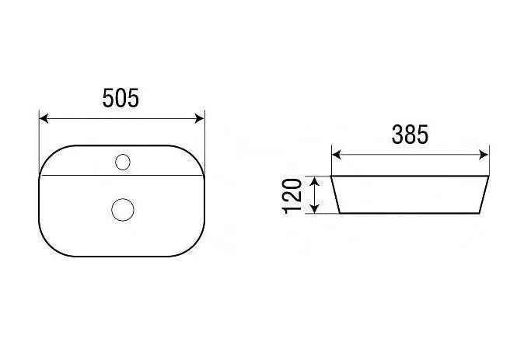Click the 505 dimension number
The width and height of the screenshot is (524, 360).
click(x=121, y=98)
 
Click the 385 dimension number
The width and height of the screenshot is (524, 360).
click(x=410, y=135)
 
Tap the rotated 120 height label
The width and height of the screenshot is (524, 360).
click(x=292, y=196)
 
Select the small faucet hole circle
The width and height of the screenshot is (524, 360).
click(x=123, y=162)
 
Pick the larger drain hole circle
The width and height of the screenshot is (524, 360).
click(x=123, y=210)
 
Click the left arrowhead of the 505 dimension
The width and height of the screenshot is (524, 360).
click(x=44, y=118)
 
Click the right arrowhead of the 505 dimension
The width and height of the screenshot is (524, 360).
click(x=200, y=118)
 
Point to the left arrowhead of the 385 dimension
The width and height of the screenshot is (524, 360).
click(x=336, y=155)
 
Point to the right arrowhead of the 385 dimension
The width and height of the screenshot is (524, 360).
click(x=484, y=155)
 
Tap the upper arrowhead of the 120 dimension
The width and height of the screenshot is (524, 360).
click(x=314, y=181)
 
